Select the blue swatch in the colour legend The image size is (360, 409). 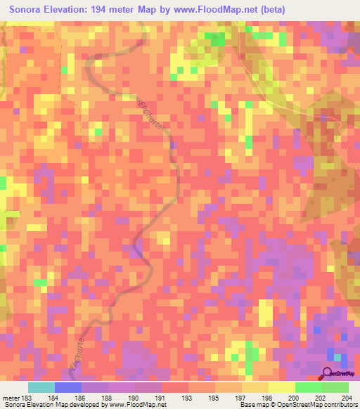click(x=67, y=387)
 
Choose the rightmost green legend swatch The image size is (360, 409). click(x=335, y=387)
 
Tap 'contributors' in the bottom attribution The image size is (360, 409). click(x=340, y=405)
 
